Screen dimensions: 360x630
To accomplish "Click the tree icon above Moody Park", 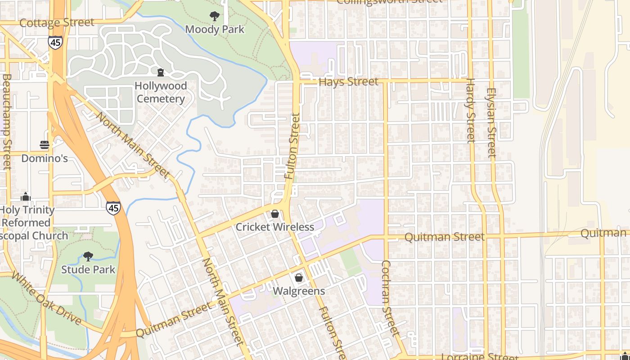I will click(x=215, y=16).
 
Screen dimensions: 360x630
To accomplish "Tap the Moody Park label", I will click(x=215, y=30).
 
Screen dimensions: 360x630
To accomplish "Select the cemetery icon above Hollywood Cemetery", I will click(x=160, y=72).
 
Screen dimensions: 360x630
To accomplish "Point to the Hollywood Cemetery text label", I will click(x=161, y=92).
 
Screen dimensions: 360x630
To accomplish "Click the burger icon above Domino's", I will click(x=45, y=145).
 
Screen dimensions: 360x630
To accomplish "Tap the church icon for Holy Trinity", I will click(x=26, y=197).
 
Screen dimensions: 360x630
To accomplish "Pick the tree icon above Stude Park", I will click(x=88, y=256).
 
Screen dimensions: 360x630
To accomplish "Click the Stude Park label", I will click(x=88, y=270).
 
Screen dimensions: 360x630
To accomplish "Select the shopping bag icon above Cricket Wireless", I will click(x=275, y=214).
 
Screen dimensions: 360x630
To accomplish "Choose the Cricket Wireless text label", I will click(x=275, y=227).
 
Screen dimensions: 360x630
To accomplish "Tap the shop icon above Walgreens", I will click(x=298, y=278).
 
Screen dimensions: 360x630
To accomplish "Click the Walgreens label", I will click(x=299, y=291).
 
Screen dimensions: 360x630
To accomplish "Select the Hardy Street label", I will click(x=470, y=110).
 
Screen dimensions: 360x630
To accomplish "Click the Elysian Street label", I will click(x=490, y=122).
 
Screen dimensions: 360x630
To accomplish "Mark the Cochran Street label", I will click(x=390, y=298).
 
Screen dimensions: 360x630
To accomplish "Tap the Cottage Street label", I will click(x=57, y=22).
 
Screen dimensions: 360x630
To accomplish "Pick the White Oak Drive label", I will click(x=46, y=298).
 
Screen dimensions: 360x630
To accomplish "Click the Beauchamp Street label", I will click(x=6, y=121).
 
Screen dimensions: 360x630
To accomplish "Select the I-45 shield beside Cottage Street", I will click(x=55, y=42).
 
